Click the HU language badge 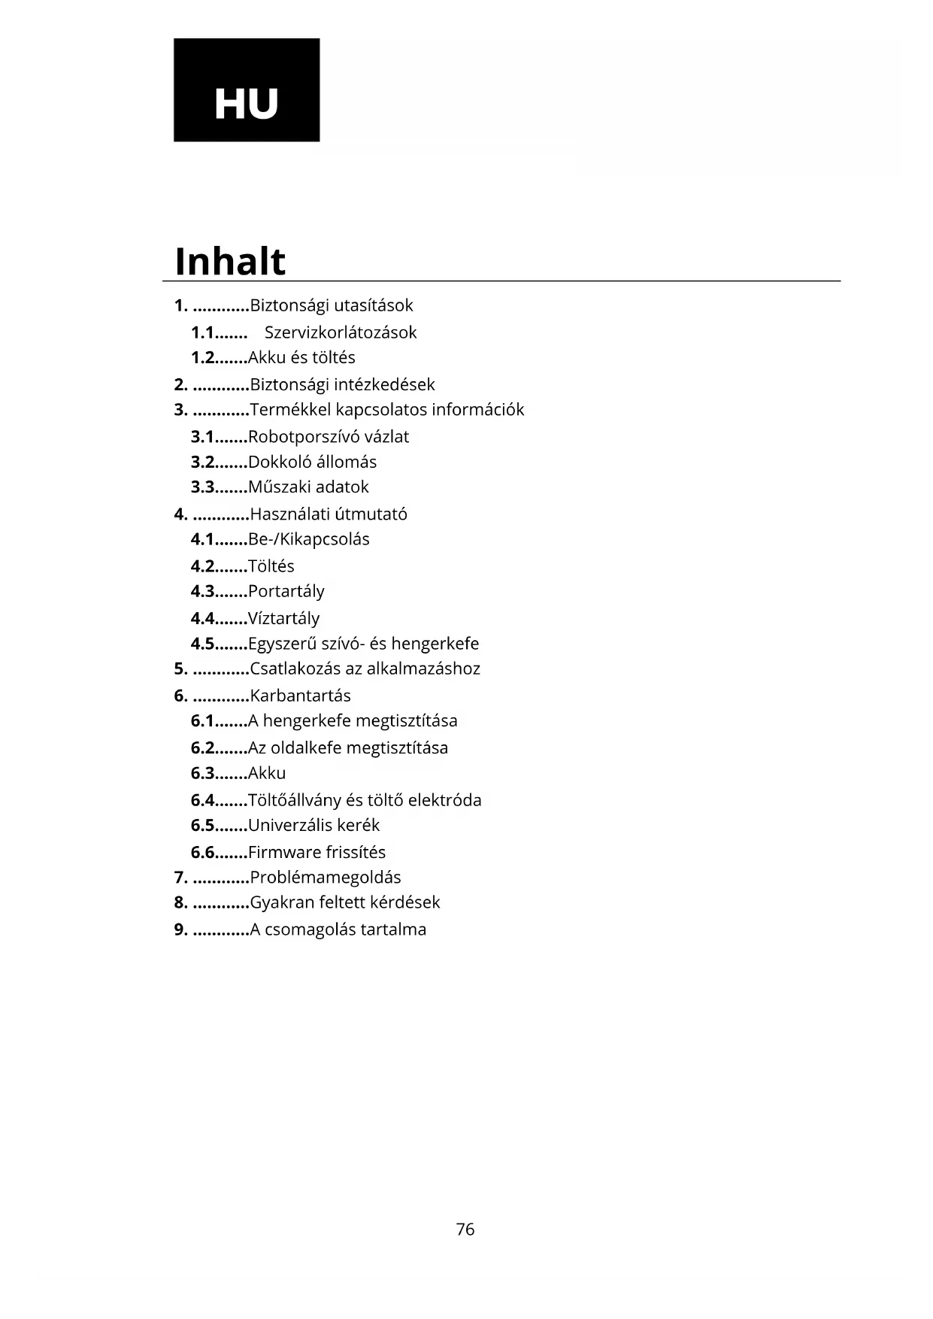tap(247, 90)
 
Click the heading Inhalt tap(230, 262)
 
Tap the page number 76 tap(465, 1229)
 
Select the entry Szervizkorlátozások tap(340, 332)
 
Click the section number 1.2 tap(203, 358)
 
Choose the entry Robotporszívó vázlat tap(329, 437)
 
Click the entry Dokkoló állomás tap(312, 462)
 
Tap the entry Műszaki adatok tap(308, 487)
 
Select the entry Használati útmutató tap(329, 514)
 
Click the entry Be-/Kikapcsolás tap(309, 539)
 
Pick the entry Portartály tap(286, 592)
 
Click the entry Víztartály tap(284, 619)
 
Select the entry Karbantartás tap(300, 696)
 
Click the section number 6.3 tap(203, 773)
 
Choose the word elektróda tap(450, 800)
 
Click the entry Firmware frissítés tap(317, 852)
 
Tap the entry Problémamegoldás tap(326, 878)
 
